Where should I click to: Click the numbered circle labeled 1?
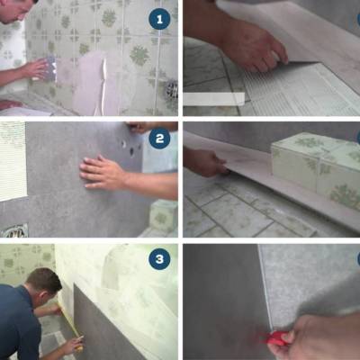pos(159,19)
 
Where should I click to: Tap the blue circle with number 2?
pos(159,139)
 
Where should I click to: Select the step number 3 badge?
pos(159,258)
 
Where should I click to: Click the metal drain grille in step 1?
pos(172,88)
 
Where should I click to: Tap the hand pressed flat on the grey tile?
pos(102,173)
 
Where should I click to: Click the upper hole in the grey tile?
pos(124,144)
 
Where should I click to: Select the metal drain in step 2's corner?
pos(14,230)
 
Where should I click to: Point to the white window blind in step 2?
pos(13,161)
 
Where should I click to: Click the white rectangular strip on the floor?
pos(214,99)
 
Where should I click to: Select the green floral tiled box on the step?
pos(315,168)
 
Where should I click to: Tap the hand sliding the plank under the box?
pos(207,162)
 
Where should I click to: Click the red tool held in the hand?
pos(274,339)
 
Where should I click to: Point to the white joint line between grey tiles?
pos(265,288)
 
